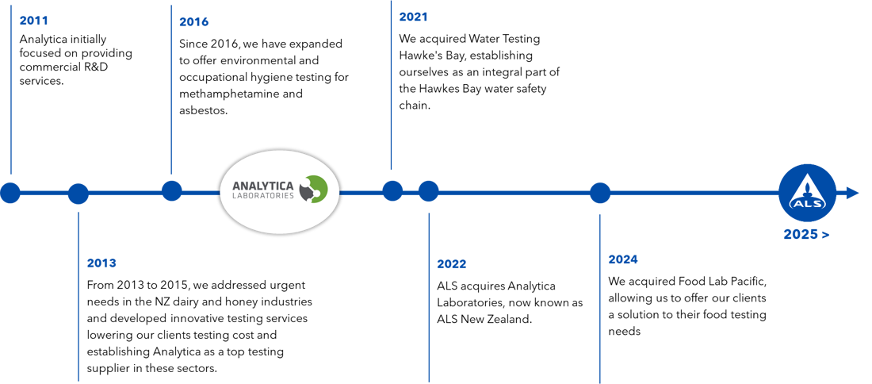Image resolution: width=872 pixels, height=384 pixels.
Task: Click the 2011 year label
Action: coord(33,21)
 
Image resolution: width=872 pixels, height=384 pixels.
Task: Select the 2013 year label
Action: coord(101,263)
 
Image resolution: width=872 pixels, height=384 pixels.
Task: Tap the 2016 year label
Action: coord(193,21)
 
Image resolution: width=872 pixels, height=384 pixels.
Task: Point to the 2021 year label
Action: coord(413,17)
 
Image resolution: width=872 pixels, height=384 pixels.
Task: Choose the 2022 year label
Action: coord(452,264)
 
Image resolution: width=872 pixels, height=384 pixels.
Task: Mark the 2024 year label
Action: coord(623,259)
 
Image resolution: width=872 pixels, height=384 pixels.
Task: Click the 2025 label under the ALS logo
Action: coord(799,235)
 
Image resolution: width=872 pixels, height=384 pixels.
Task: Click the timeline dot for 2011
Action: coord(10,193)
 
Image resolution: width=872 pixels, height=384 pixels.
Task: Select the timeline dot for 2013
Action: coord(78,194)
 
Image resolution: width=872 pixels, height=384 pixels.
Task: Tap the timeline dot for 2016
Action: coord(171,190)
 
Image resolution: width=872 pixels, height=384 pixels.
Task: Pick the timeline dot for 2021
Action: coord(392,190)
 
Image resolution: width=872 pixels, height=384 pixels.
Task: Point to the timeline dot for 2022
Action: coord(428,191)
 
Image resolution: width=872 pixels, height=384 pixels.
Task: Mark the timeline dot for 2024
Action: coord(600,192)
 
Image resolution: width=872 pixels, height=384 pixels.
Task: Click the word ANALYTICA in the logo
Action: coord(262,186)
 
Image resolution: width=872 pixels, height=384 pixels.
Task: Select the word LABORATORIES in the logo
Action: coord(262,196)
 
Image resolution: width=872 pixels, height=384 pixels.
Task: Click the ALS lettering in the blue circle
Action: coord(807,203)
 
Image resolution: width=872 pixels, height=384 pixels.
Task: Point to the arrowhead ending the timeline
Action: coord(854,193)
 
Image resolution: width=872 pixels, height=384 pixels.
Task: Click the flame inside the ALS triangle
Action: coord(807,188)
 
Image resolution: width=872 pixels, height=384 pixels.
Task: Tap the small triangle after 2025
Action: coord(826,235)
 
